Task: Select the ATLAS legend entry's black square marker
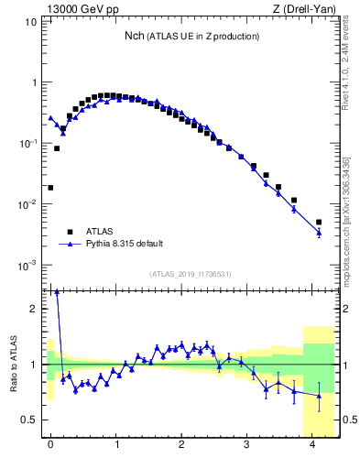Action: [70, 232]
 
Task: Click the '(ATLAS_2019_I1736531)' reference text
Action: [190, 274]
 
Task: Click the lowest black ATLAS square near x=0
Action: [50, 188]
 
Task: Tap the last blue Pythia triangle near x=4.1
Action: [319, 233]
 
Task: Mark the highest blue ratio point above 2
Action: [57, 292]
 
